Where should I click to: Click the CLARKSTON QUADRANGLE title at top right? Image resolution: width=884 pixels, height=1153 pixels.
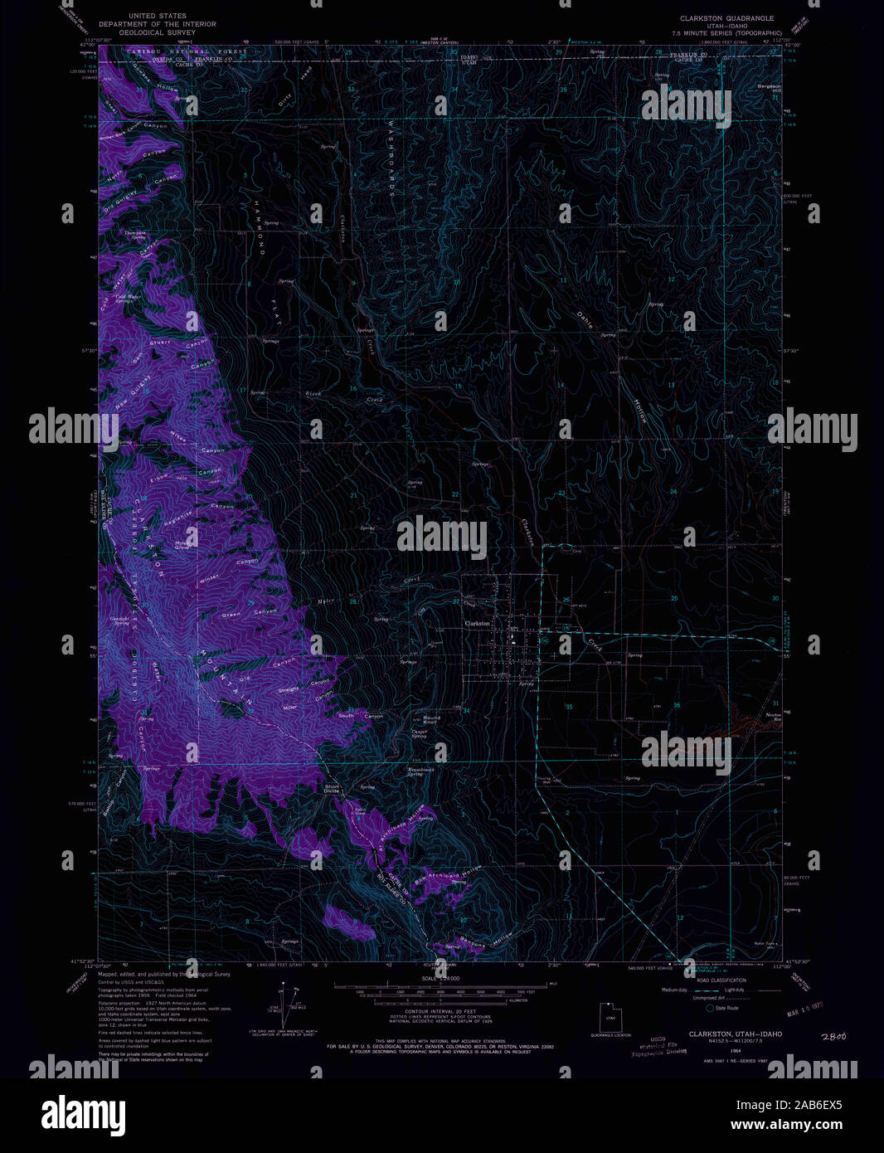click(726, 17)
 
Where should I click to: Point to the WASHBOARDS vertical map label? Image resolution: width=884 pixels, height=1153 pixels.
click(391, 158)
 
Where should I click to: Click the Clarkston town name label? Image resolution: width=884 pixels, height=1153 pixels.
click(477, 623)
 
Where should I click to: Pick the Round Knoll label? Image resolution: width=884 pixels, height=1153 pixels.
click(431, 720)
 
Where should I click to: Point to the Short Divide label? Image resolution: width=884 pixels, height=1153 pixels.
click(333, 789)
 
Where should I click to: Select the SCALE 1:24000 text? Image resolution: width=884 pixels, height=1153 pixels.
click(440, 979)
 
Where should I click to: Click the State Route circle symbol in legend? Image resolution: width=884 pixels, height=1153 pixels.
click(710, 1008)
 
